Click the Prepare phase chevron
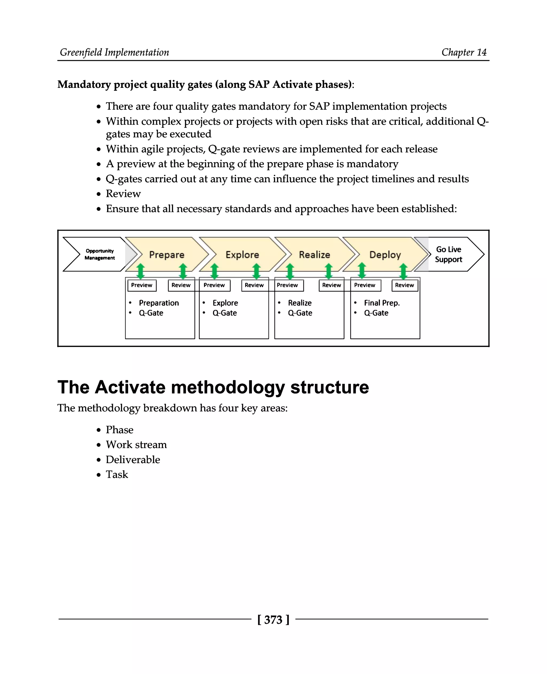coord(167,254)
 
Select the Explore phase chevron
coord(242,254)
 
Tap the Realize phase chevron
coord(314,254)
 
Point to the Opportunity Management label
coord(100,254)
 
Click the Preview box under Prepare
coord(142,285)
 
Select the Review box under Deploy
coord(404,285)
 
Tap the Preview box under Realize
coord(287,285)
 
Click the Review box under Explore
coord(254,285)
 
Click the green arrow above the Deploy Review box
coord(403,271)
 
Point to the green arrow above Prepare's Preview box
coord(140,271)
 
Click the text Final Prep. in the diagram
coord(382,303)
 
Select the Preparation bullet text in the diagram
coord(159,303)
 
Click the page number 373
coord(273,620)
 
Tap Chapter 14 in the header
coord(464,52)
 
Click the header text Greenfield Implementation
coord(114,52)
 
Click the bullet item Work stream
coord(136,444)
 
